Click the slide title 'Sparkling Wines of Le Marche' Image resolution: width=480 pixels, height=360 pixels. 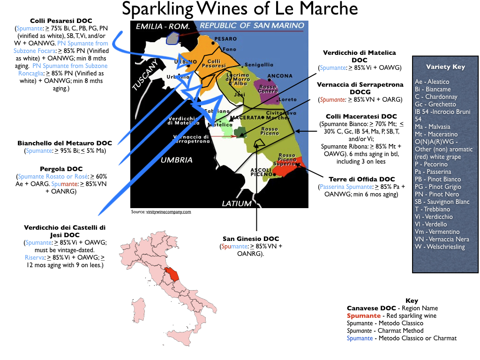tap(240, 9)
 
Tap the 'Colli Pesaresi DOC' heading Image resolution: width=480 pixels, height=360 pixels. tap(61, 21)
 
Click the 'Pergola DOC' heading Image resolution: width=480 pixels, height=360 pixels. tap(61, 169)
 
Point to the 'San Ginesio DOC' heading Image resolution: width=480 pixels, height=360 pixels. tap(251, 238)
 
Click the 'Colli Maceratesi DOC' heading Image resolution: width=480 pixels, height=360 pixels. tap(361, 116)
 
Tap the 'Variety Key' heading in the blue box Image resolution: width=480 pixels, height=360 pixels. tap(445, 67)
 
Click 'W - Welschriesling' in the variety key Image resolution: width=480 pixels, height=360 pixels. tap(440, 247)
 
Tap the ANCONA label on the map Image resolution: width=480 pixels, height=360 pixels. tap(279, 76)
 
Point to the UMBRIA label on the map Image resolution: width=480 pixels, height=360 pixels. tap(177, 160)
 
